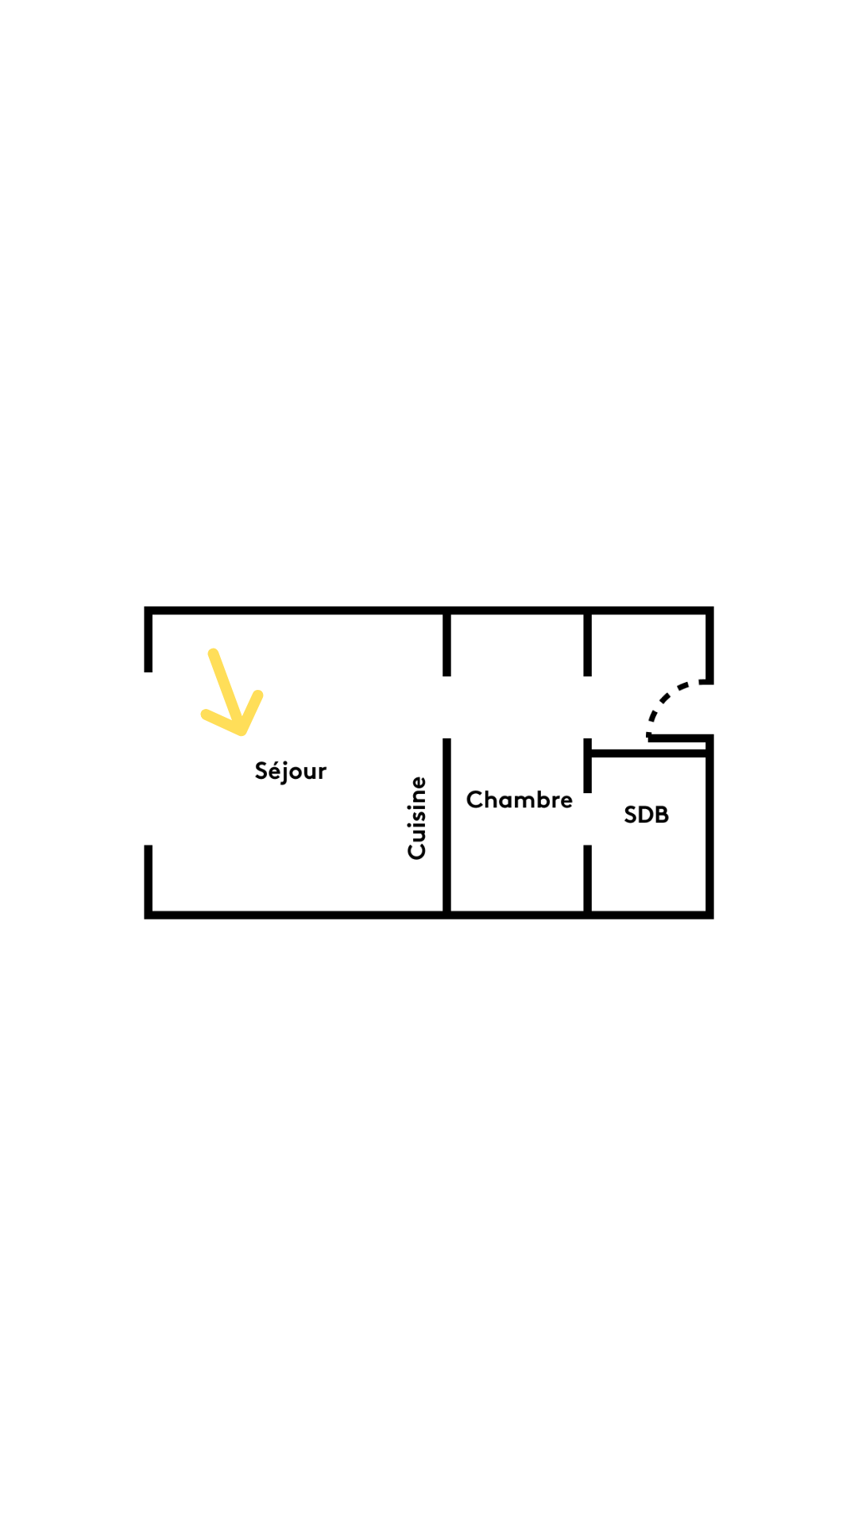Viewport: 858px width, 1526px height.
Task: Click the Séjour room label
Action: tap(290, 771)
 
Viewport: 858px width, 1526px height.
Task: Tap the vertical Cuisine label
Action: tap(417, 818)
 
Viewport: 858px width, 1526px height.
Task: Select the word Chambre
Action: tap(519, 800)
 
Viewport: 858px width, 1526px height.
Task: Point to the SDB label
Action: tap(646, 815)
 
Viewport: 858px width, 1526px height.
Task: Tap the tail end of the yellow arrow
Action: tap(213, 654)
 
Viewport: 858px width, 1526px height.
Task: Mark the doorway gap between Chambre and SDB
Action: tap(588, 819)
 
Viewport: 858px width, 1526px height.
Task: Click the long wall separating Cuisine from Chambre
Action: tap(447, 827)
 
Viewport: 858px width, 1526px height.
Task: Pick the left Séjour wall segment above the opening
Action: tap(149, 641)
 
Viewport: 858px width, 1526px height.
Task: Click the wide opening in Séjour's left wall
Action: tap(149, 759)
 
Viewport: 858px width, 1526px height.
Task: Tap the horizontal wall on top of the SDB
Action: tap(649, 753)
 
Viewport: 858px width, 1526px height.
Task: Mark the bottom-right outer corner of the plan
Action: tap(710, 916)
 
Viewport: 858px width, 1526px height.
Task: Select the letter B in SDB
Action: tap(661, 815)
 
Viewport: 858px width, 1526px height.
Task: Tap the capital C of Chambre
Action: tap(475, 800)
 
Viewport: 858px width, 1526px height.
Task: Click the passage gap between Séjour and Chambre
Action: tap(447, 707)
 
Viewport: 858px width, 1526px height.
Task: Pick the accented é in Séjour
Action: tap(275, 770)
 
